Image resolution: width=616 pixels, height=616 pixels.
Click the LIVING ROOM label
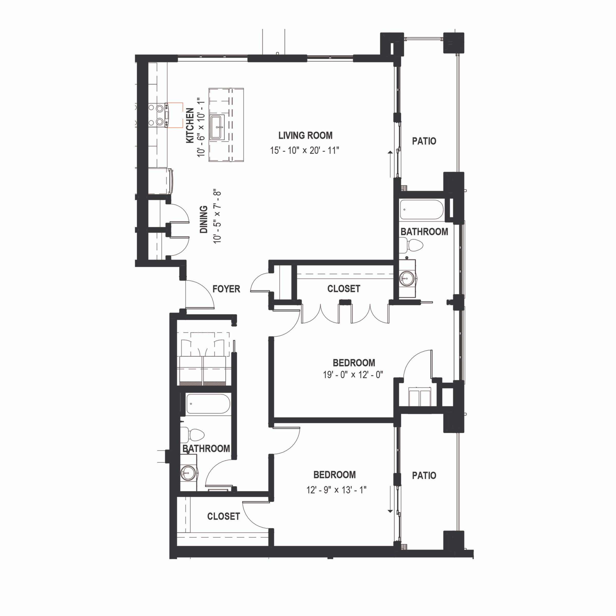click(x=305, y=136)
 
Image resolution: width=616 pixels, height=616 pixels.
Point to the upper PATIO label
click(x=424, y=141)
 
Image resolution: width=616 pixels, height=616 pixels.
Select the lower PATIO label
click(x=424, y=476)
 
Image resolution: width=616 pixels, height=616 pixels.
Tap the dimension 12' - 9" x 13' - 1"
click(x=336, y=490)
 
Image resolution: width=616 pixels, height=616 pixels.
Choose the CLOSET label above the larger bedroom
click(x=343, y=288)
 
